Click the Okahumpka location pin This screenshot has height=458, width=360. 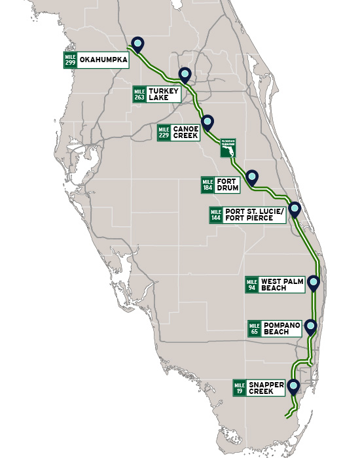(x=137, y=43)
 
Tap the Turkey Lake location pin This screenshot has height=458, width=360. (x=185, y=75)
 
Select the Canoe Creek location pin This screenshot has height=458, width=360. (x=207, y=122)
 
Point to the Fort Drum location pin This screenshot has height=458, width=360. (x=252, y=177)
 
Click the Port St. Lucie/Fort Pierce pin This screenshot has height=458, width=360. (x=294, y=209)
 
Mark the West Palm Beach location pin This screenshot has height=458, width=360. (x=314, y=283)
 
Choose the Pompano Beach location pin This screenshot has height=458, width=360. (x=310, y=326)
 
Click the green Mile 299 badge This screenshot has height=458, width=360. (x=70, y=60)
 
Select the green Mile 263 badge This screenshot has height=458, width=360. (x=139, y=94)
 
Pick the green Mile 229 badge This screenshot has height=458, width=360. (x=164, y=133)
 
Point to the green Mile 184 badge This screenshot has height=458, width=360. (x=208, y=185)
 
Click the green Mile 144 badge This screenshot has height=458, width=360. (x=216, y=215)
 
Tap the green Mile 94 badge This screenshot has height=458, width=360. (x=252, y=285)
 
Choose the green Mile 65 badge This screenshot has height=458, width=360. (x=255, y=328)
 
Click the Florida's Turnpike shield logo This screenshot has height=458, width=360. (x=228, y=148)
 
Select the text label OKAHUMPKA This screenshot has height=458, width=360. (x=103, y=60)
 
